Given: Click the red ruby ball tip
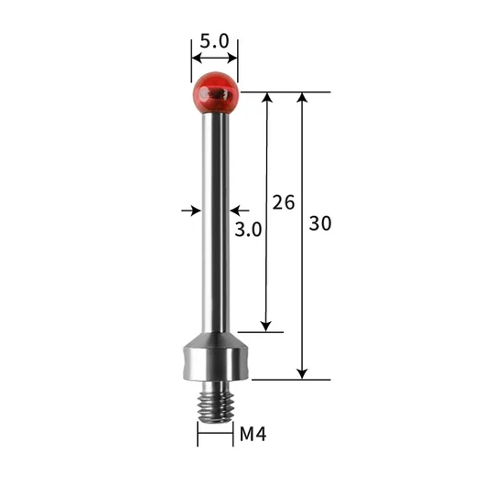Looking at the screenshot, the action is point(216,93).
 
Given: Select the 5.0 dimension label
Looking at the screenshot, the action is point(214,41).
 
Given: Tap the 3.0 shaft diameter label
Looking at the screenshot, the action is point(248,230).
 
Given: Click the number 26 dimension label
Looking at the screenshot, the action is point(284,202).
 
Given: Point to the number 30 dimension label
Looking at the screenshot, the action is point(320,223).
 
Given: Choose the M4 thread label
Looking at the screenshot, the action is point(253,434).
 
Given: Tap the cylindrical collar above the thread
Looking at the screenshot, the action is point(216,363).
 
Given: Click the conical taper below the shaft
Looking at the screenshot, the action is point(216,339).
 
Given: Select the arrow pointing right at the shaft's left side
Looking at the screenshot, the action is point(191,210).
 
